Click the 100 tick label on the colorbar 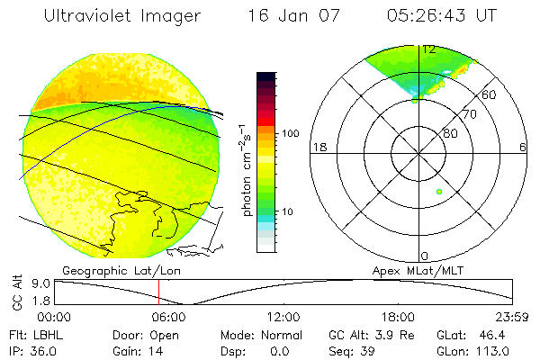(x=291, y=132)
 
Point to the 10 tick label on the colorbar (x=288, y=211)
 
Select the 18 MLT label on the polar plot (x=318, y=147)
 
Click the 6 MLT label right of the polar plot (x=523, y=147)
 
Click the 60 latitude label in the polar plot (x=490, y=94)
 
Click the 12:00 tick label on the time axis (x=283, y=318)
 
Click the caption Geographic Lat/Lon (x=109, y=270)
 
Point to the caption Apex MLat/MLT (x=410, y=270)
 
